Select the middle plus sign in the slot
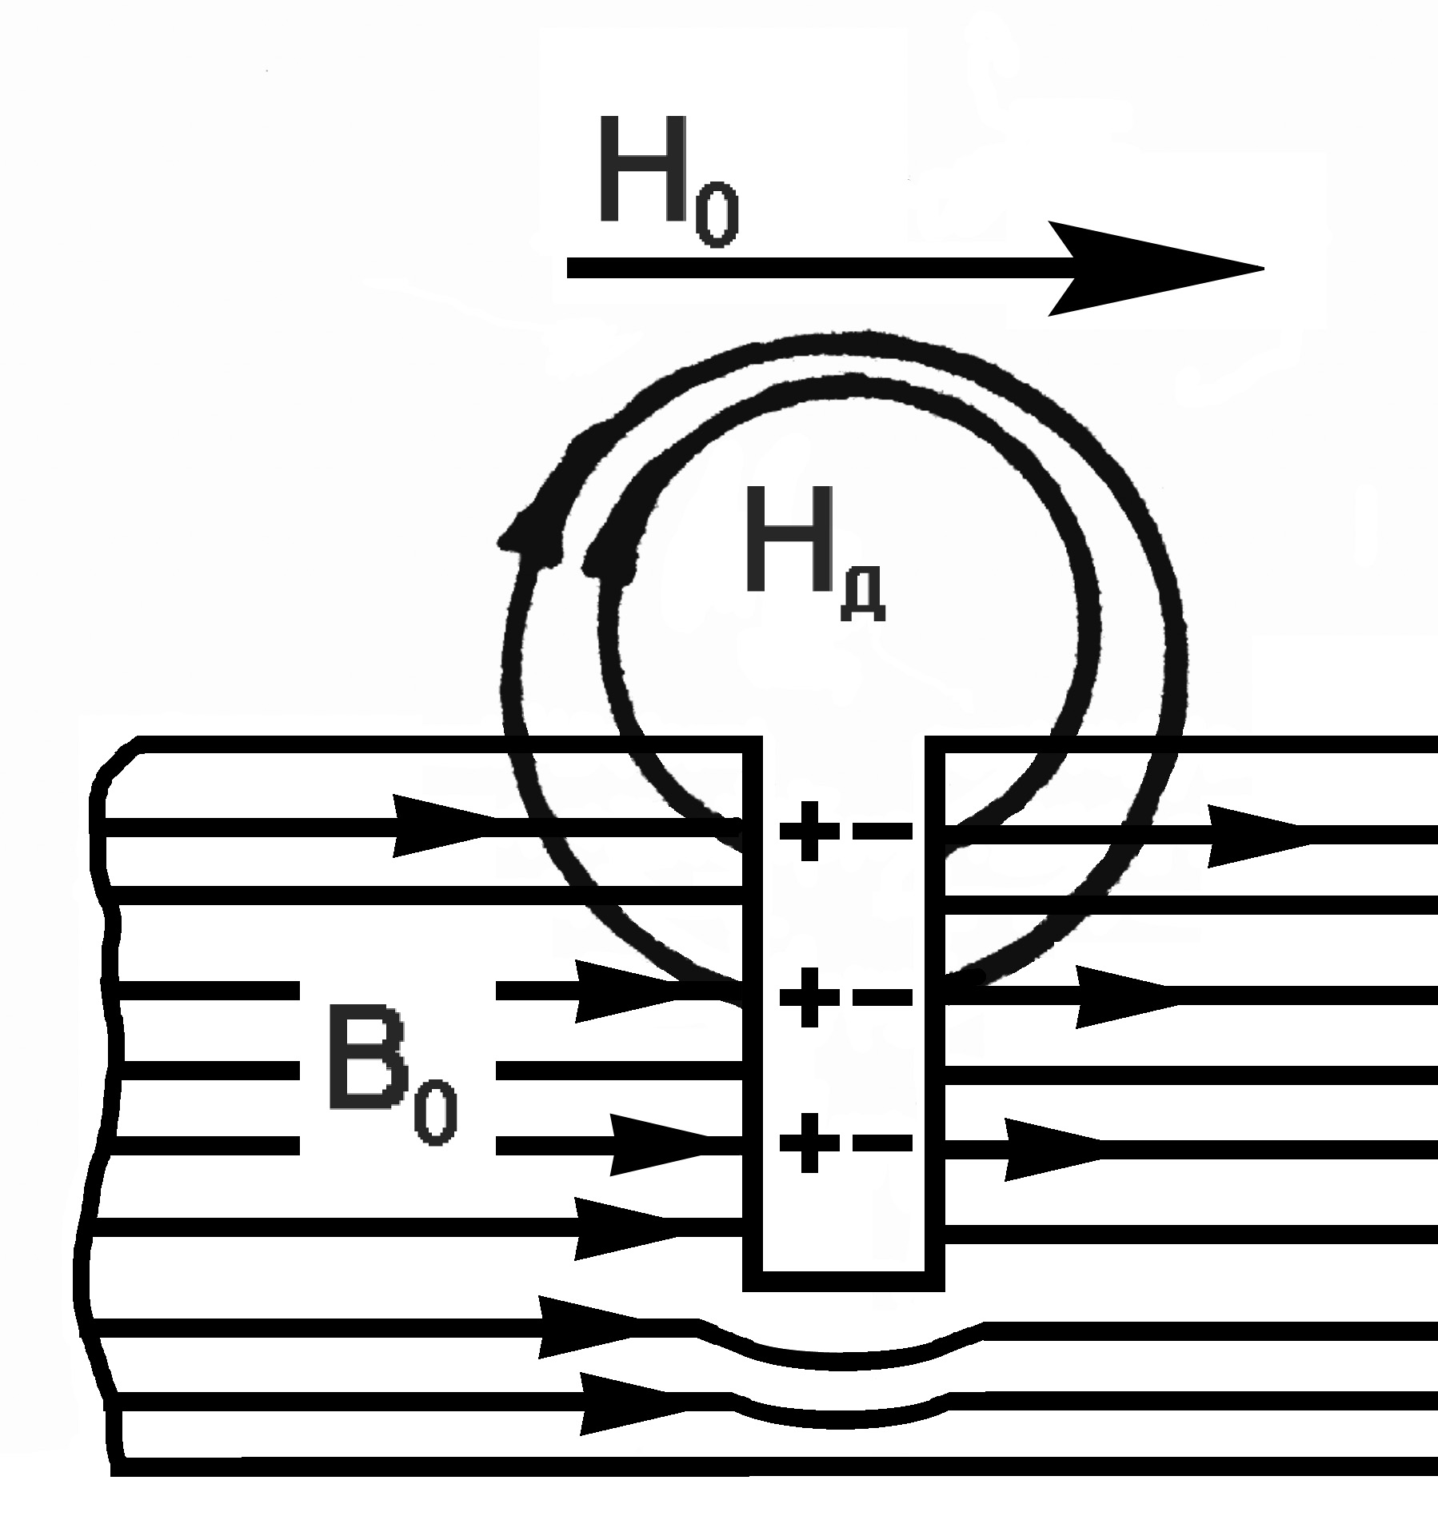click(809, 996)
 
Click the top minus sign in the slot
click(882, 831)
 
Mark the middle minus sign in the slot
click(882, 997)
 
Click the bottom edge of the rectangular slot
click(843, 1281)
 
